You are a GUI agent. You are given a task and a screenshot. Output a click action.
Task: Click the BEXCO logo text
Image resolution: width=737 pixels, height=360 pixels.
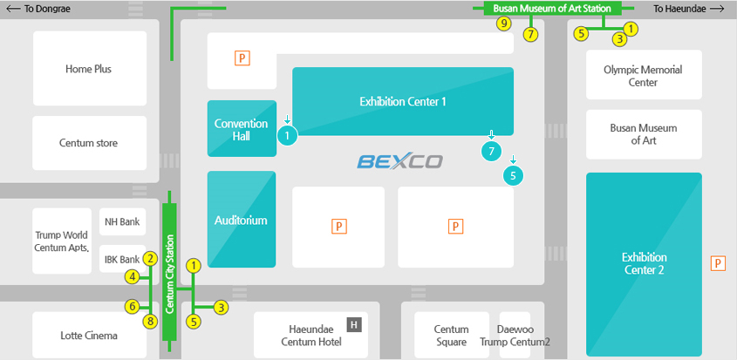click(399, 161)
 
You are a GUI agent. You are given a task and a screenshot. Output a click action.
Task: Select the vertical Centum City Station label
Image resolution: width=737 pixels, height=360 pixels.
click(170, 274)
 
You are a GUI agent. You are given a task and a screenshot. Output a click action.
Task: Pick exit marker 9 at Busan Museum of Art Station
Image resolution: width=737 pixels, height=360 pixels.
click(503, 24)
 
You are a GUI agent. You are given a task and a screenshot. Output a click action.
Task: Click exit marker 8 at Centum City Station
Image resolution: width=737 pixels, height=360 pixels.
click(150, 322)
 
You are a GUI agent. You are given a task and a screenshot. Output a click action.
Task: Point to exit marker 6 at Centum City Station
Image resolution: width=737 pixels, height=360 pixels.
click(133, 306)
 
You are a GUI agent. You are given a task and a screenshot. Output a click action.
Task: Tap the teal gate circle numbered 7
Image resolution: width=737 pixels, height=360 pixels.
click(492, 151)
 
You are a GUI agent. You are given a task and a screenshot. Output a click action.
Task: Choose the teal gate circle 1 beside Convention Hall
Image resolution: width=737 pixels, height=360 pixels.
click(288, 135)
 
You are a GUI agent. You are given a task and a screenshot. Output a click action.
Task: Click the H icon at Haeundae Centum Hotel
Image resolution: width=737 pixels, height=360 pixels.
click(353, 325)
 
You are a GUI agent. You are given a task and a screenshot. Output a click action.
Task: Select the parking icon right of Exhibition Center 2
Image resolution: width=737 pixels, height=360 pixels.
click(719, 263)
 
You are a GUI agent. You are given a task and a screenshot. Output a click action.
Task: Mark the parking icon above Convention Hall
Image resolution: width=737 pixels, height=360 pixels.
click(242, 58)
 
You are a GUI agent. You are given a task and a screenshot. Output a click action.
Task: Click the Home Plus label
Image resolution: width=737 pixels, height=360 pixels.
click(88, 69)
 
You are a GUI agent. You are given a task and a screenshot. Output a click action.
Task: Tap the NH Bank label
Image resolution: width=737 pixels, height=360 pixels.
click(123, 222)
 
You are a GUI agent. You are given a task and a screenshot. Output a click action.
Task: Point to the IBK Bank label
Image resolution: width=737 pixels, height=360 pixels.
click(122, 260)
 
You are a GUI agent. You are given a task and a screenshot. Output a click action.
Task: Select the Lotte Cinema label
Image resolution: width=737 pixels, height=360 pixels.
click(88, 336)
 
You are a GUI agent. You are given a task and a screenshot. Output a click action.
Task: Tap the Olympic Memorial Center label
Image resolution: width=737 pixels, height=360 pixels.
click(643, 76)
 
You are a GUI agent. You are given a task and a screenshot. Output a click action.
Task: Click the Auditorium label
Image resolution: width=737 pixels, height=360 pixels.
click(241, 221)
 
